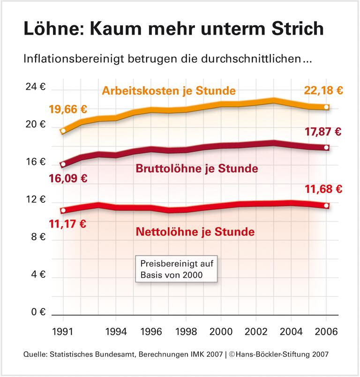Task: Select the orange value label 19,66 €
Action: [68, 110]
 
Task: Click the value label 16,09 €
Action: [68, 178]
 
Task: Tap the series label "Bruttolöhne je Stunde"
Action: [196, 169]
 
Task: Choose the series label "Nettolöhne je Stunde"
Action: [195, 231]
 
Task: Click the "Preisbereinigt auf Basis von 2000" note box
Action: [177, 269]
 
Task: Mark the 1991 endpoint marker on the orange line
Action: [63, 131]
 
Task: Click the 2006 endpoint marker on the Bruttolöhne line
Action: [326, 148]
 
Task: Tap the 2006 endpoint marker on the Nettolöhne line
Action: [326, 206]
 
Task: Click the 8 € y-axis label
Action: [36, 237]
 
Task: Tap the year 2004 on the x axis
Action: [291, 332]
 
